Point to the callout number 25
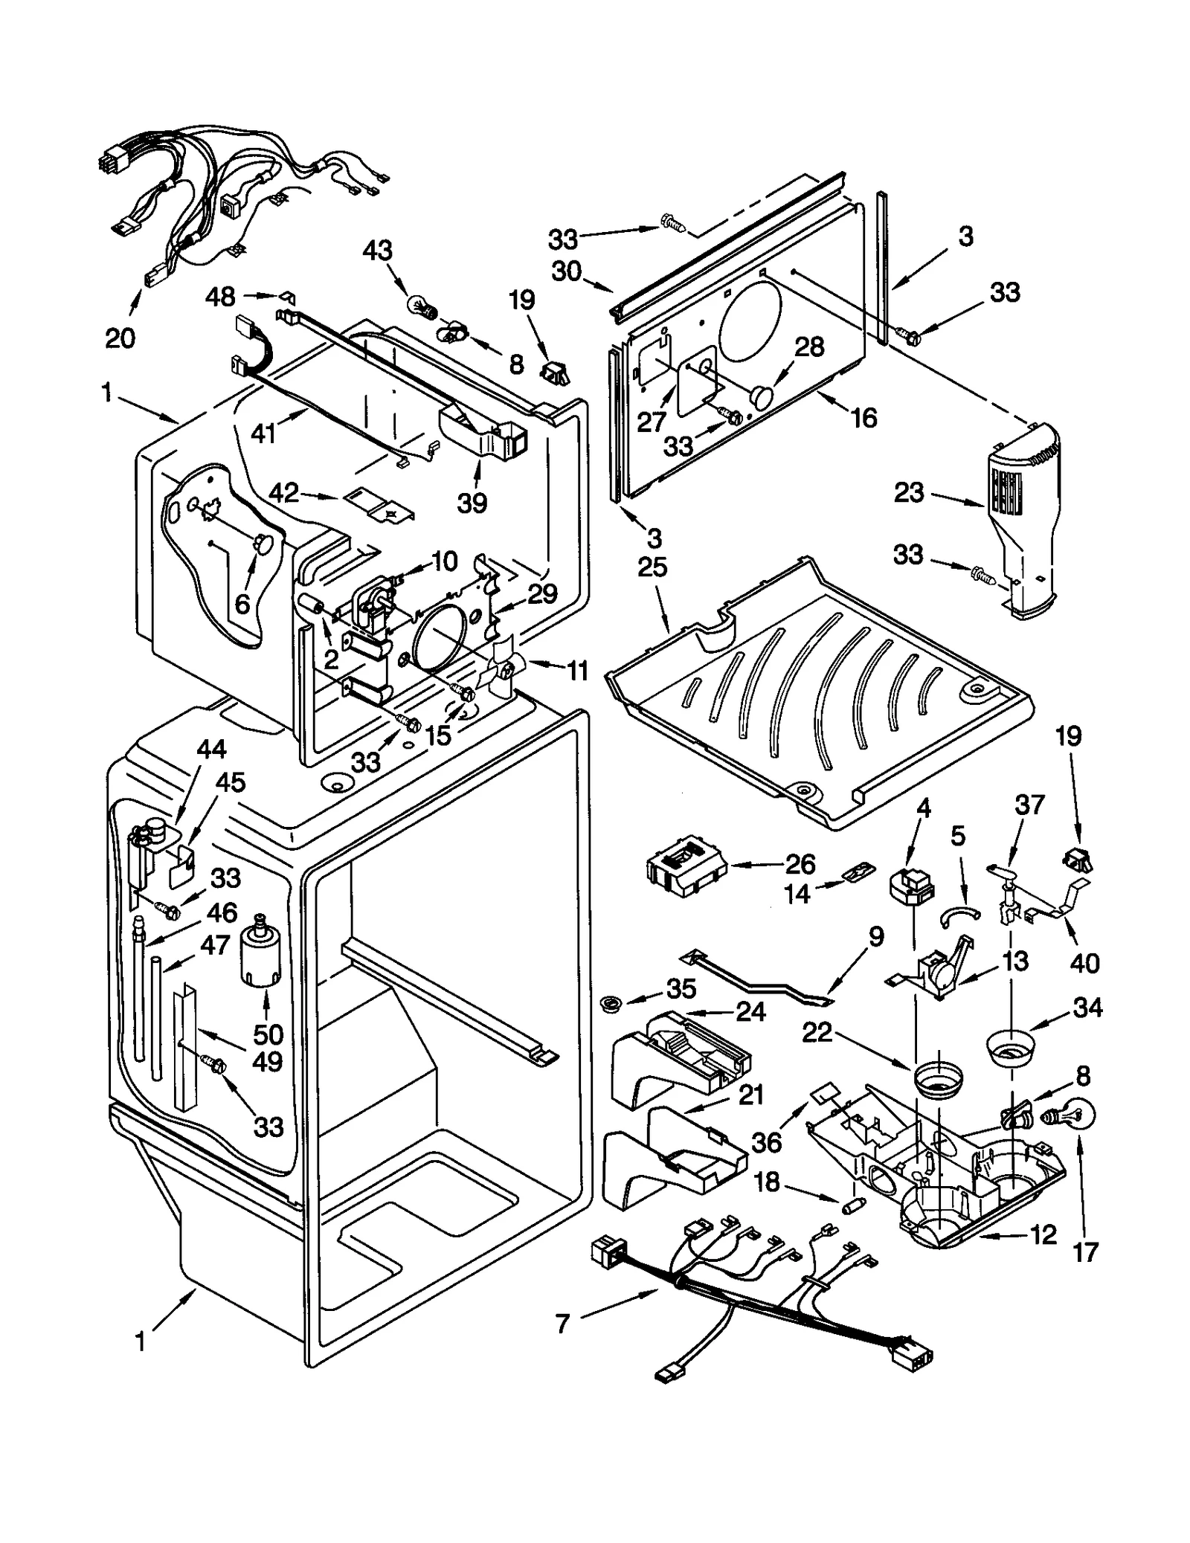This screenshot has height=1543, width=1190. pyautogui.click(x=652, y=567)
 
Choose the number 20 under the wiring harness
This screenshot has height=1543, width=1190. pyautogui.click(x=120, y=338)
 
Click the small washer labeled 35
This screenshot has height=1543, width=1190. pyautogui.click(x=612, y=1005)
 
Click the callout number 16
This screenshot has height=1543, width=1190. pyautogui.click(x=863, y=418)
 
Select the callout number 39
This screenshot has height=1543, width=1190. pyautogui.click(x=472, y=503)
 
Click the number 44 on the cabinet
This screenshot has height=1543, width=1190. pyautogui.click(x=211, y=749)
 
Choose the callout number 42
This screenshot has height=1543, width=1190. pyautogui.click(x=283, y=492)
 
